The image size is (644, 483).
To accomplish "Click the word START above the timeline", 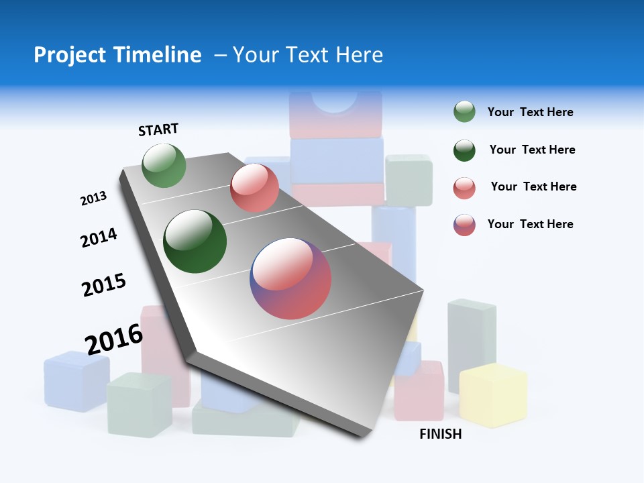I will [158, 129].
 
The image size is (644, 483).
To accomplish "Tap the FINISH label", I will [440, 434].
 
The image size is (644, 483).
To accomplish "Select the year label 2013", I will [93, 199].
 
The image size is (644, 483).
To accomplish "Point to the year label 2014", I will [99, 238].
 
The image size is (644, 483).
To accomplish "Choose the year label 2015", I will [104, 285].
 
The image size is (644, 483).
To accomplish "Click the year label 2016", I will [114, 339].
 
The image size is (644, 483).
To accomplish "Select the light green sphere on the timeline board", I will [164, 166].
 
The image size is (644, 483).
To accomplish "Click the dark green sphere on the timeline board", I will [195, 241].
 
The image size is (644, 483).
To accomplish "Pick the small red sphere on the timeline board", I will [254, 188].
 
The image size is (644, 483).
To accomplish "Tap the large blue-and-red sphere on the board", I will [290, 278].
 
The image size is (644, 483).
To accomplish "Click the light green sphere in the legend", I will [464, 112].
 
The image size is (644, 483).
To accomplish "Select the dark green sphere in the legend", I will [464, 150].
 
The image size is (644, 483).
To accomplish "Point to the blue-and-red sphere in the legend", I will [464, 225].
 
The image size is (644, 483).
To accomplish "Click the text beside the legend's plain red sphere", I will [533, 186].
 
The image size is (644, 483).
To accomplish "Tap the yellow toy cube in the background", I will [493, 396].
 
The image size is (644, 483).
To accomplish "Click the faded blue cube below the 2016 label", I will [76, 381].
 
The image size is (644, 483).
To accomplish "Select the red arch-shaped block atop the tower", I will [335, 113].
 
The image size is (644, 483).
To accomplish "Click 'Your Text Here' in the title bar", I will [308, 55].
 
